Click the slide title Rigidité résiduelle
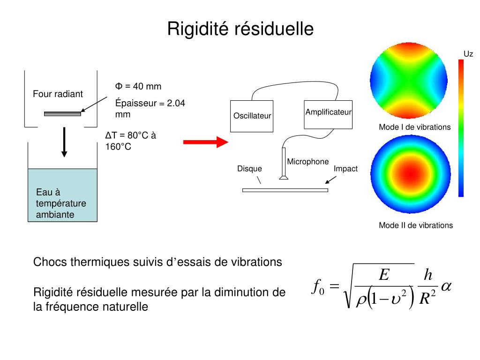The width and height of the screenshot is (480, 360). pos(240,29)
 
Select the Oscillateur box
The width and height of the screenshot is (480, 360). pos(252,116)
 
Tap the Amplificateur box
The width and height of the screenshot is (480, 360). pos(328,114)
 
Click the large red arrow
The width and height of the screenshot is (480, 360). pos(205,142)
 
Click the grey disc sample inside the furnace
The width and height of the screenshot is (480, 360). pos(62,113)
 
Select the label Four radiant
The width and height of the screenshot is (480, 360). pos(58,94)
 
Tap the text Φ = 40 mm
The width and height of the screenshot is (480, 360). pos(138,86)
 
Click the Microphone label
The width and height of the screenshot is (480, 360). pos(308,162)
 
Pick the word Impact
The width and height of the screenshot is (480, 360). pos(345,169)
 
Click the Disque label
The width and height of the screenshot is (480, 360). pos(249,169)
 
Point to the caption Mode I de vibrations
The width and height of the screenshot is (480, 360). pos(414,127)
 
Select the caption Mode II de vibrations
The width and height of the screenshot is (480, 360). pos(416,225)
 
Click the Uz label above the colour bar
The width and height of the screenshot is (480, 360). pos(468,54)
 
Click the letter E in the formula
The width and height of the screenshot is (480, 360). pos(384,275)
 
